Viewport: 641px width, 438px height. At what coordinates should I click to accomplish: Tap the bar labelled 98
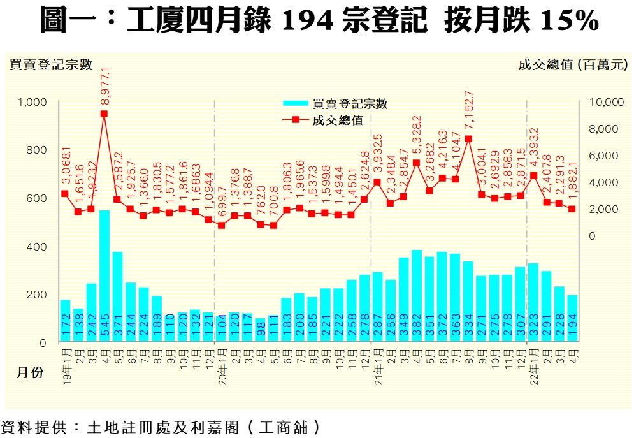[x=260, y=330]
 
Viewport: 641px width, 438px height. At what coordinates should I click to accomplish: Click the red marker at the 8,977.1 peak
[x=104, y=114]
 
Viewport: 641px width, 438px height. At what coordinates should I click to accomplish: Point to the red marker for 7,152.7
[x=468, y=138]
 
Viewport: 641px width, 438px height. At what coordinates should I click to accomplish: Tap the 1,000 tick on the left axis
[x=31, y=102]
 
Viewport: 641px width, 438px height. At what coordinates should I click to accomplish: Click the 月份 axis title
[x=31, y=373]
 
